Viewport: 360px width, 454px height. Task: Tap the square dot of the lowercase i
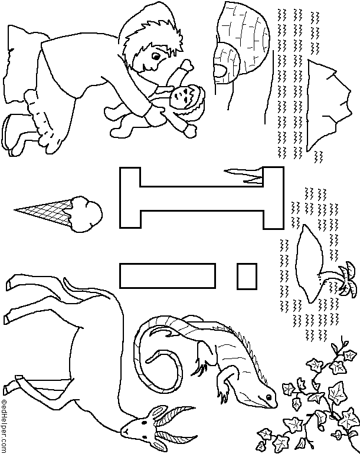tap(247, 276)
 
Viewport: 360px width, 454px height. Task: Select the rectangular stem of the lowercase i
tap(168, 276)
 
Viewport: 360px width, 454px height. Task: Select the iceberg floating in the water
tap(329, 105)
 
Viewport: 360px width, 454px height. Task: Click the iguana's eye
tap(269, 396)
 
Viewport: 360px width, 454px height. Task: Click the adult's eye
tap(156, 57)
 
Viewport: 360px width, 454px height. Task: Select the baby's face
tap(181, 97)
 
